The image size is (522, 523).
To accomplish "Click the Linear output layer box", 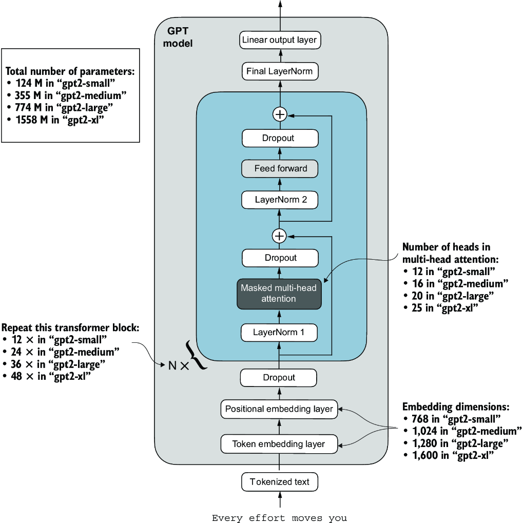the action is point(280,40).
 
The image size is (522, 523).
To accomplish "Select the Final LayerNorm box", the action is point(280,71).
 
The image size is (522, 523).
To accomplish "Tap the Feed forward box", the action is point(280,168).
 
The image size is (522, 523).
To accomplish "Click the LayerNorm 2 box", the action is point(280,200).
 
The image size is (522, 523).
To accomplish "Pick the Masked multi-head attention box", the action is point(279,294).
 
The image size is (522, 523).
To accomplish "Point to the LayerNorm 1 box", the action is point(279,332).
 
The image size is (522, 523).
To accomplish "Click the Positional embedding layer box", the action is point(279,409).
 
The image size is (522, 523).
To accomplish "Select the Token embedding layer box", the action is point(279,444).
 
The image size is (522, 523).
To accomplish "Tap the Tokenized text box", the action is point(280,482).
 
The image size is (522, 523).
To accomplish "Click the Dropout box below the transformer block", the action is point(279,378).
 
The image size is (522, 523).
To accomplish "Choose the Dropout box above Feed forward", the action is point(280,138).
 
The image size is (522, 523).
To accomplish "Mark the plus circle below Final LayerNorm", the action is point(280,114).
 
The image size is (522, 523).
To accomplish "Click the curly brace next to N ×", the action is point(195,355).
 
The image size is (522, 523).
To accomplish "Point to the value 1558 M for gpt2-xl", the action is point(32,120).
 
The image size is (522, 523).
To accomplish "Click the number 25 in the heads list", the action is point(417,308).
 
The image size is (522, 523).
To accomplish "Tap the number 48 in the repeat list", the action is point(16,376).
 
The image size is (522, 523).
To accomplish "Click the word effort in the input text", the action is point(267,518).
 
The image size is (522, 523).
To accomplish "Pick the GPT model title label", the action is point(178,37).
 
